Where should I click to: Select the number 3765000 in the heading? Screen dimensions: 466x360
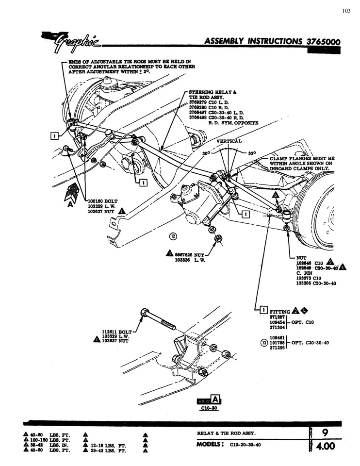pyautogui.click(x=323, y=42)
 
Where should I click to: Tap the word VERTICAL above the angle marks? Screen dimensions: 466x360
pyautogui.click(x=229, y=141)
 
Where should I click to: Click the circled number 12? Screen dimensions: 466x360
pyautogui.click(x=159, y=236)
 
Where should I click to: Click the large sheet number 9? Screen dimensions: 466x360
pyautogui.click(x=325, y=431)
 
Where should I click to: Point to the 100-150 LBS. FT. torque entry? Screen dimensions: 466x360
pyautogui.click(x=54, y=439)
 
